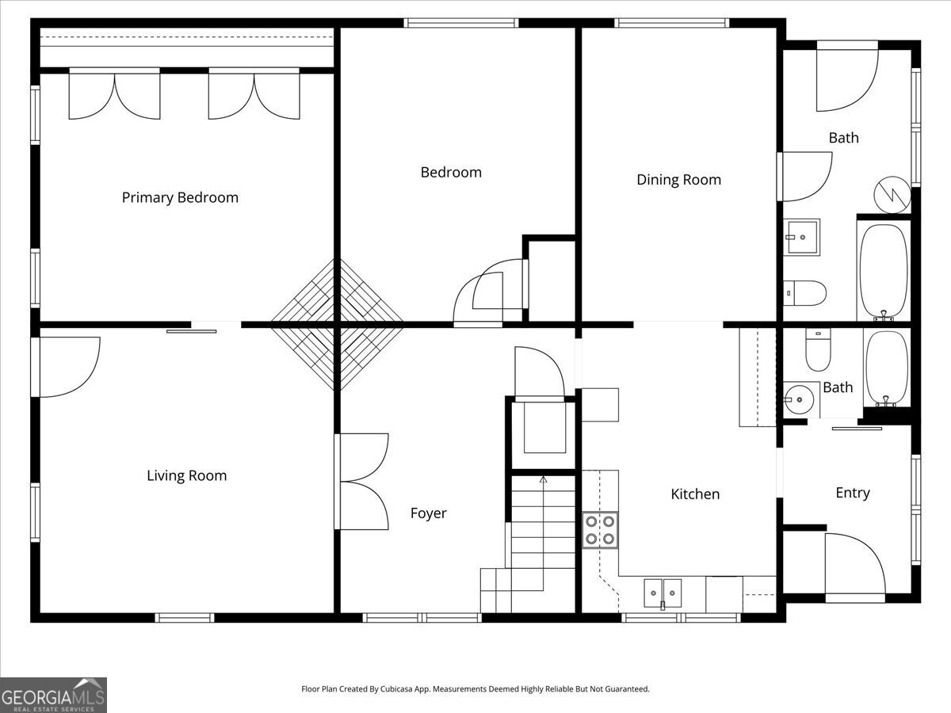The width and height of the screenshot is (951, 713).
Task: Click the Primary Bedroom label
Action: click(x=180, y=197)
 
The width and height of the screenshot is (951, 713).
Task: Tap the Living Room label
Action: click(x=186, y=475)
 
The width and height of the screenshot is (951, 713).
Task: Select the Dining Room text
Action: click(x=679, y=180)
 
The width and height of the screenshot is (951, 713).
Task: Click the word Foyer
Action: click(x=428, y=513)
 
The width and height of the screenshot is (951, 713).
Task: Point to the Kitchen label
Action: click(x=695, y=494)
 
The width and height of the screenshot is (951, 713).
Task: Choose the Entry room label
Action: click(x=852, y=493)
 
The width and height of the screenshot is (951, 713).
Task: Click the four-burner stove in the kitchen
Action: click(x=600, y=530)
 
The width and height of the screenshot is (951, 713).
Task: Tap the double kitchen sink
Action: click(x=663, y=590)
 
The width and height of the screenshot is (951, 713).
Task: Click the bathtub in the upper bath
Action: click(x=883, y=271)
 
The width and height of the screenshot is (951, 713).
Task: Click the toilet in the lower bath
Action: click(x=818, y=351)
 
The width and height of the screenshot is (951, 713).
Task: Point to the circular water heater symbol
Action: click(x=892, y=194)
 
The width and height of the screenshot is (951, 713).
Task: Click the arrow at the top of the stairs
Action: click(x=543, y=480)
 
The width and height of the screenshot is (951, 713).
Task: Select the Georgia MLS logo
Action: click(x=53, y=695)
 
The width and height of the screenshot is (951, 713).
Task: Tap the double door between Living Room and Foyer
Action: click(x=362, y=481)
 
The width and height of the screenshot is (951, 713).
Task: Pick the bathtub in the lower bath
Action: click(x=886, y=368)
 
